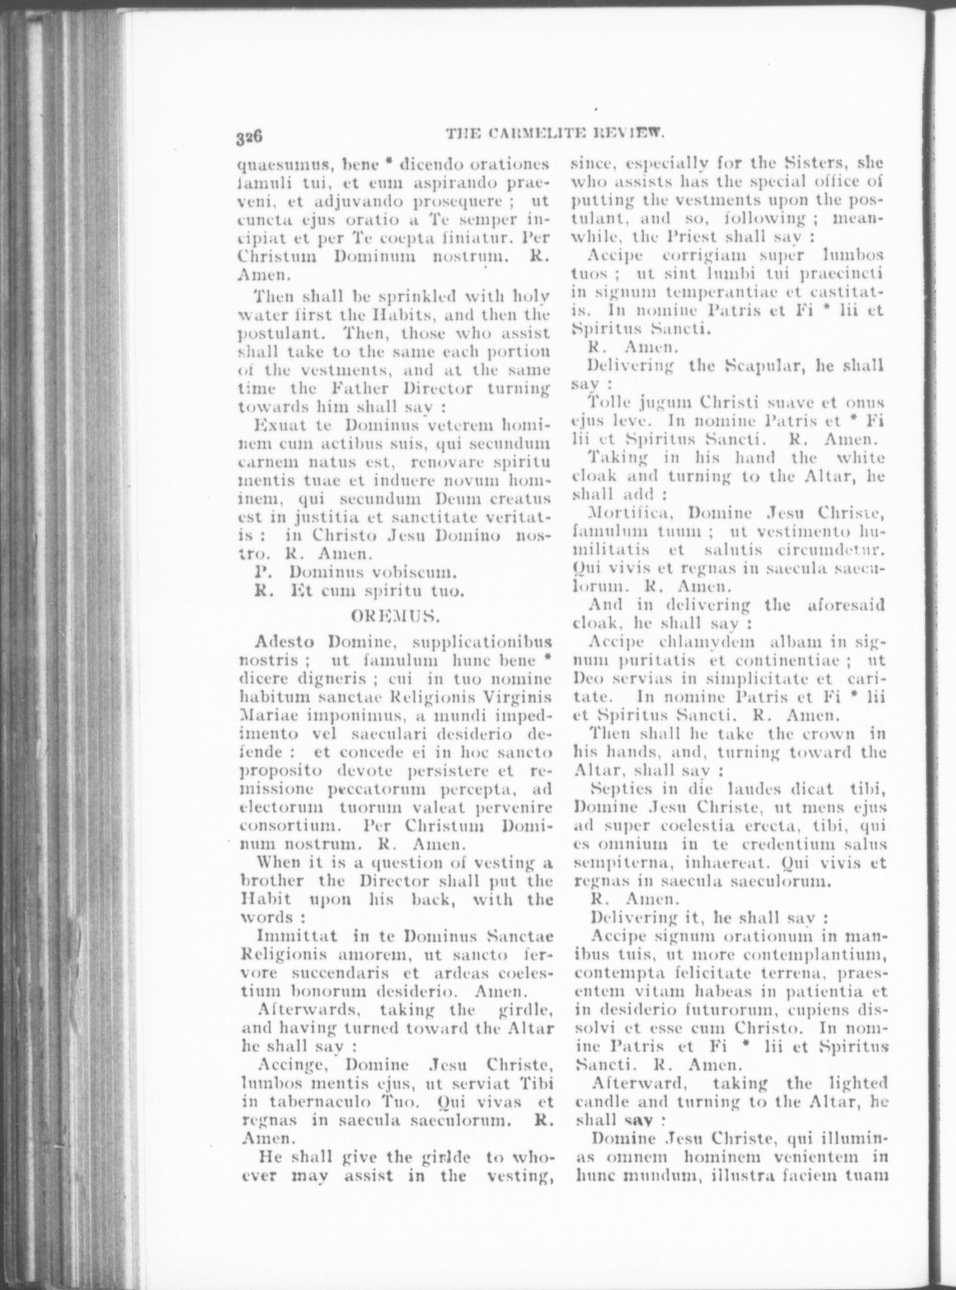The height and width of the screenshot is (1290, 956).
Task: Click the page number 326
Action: pos(249,137)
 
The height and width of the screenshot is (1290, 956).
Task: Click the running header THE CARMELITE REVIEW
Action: pos(555,134)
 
